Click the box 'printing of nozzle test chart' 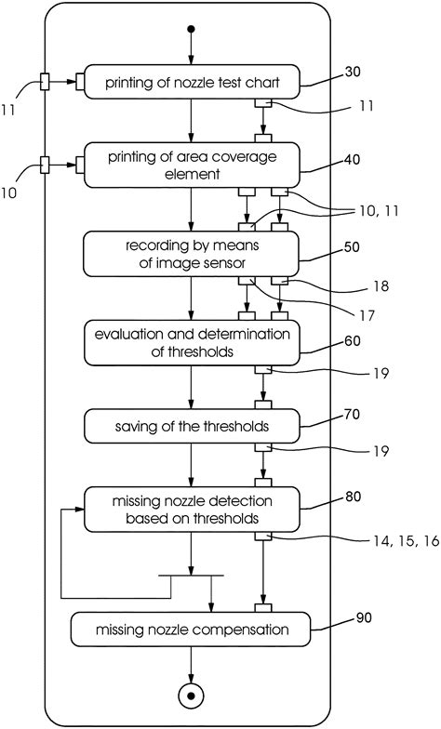[191, 84]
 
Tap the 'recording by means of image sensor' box [191, 254]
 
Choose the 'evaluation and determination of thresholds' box [191, 344]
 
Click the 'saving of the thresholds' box [191, 428]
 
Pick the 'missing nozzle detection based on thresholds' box [191, 510]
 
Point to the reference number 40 [353, 158]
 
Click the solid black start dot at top [191, 29]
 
